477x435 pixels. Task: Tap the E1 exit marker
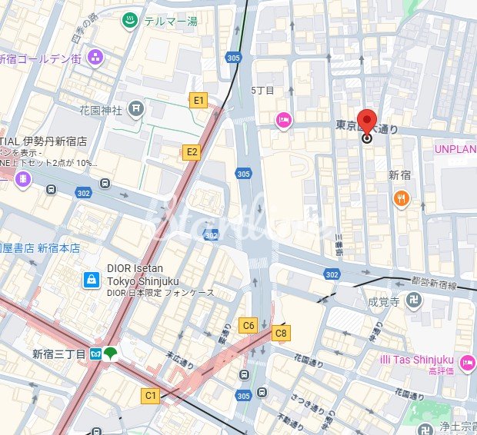[198, 100]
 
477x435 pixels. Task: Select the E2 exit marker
[192, 152]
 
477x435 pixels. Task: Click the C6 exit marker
[248, 325]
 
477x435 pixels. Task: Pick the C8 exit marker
[282, 333]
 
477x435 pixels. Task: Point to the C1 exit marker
[150, 396]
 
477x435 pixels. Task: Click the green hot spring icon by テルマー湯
[130, 22]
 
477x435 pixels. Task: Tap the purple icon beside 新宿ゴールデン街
[95, 56]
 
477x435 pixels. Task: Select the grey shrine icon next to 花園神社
[136, 110]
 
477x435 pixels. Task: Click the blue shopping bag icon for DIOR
[92, 280]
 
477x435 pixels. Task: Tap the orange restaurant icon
[401, 200]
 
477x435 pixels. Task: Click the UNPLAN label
[455, 148]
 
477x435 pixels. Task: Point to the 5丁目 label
[263, 90]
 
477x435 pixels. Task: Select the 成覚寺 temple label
[383, 301]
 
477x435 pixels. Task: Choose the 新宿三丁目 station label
[58, 354]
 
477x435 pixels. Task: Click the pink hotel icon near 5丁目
[284, 119]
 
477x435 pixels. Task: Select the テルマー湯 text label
[171, 22]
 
